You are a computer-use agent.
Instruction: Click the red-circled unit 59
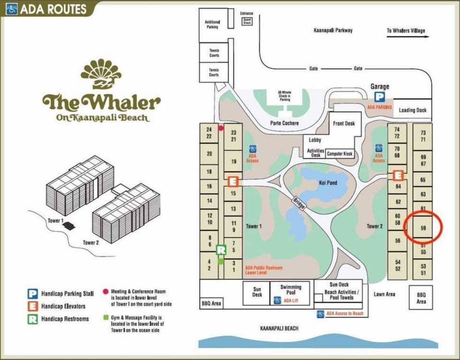coord(423,228)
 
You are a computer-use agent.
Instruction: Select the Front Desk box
coord(344,123)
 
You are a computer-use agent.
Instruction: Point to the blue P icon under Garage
coord(379,97)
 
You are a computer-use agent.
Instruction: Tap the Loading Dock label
coord(412,110)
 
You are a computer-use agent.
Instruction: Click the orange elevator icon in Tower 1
coord(232,182)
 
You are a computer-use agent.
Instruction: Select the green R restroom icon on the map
coord(221,250)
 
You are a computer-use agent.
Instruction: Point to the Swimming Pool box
coord(291,290)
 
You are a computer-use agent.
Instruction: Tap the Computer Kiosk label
coord(340,154)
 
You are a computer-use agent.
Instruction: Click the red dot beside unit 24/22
coord(221,128)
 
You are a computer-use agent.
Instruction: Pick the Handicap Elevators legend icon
coord(33,306)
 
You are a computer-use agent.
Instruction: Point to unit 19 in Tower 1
coord(233,162)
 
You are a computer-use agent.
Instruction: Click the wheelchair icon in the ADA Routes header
coord(12,9)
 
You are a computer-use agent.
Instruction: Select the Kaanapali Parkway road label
coord(333,30)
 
